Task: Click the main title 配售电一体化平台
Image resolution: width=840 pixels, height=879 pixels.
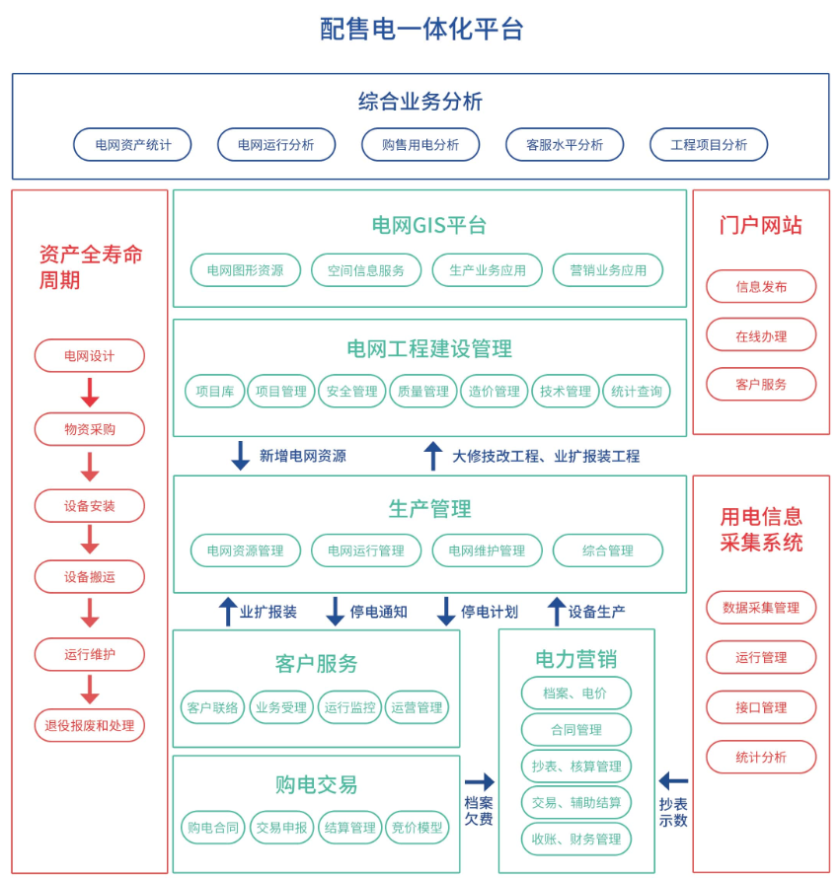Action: pyautogui.click(x=420, y=29)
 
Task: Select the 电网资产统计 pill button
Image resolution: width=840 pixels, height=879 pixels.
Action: pyautogui.click(x=132, y=145)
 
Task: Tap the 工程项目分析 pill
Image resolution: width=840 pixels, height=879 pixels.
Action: pyautogui.click(x=708, y=145)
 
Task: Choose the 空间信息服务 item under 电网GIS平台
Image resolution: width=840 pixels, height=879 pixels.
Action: pyautogui.click(x=365, y=270)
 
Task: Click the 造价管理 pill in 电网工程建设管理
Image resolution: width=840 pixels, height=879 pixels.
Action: pyautogui.click(x=494, y=392)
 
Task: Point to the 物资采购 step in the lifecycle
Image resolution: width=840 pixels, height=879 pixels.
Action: pyautogui.click(x=90, y=429)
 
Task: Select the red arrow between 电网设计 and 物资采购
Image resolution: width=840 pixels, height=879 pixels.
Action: pyautogui.click(x=90, y=393)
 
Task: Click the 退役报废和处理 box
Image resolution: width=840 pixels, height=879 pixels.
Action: pyautogui.click(x=90, y=726)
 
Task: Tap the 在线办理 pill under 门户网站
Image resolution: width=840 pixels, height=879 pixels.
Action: pyautogui.click(x=761, y=335)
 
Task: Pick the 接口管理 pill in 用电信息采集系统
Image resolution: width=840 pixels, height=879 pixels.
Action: pyautogui.click(x=761, y=707)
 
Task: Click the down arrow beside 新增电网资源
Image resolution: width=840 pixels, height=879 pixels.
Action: pyautogui.click(x=240, y=456)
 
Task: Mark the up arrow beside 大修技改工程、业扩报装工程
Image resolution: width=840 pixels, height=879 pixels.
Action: pyautogui.click(x=432, y=456)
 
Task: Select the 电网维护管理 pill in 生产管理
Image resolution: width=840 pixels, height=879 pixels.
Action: pyautogui.click(x=487, y=550)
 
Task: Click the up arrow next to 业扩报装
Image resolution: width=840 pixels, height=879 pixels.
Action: pyautogui.click(x=227, y=612)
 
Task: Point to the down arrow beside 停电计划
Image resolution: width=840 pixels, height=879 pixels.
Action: pyautogui.click(x=446, y=612)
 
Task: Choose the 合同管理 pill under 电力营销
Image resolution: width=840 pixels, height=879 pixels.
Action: pyautogui.click(x=576, y=730)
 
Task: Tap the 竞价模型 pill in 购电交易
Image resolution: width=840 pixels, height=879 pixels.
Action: pyautogui.click(x=417, y=828)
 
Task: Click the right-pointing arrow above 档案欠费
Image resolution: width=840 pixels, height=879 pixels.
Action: pyautogui.click(x=479, y=782)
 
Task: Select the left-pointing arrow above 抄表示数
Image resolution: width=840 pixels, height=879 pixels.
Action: pyautogui.click(x=673, y=782)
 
